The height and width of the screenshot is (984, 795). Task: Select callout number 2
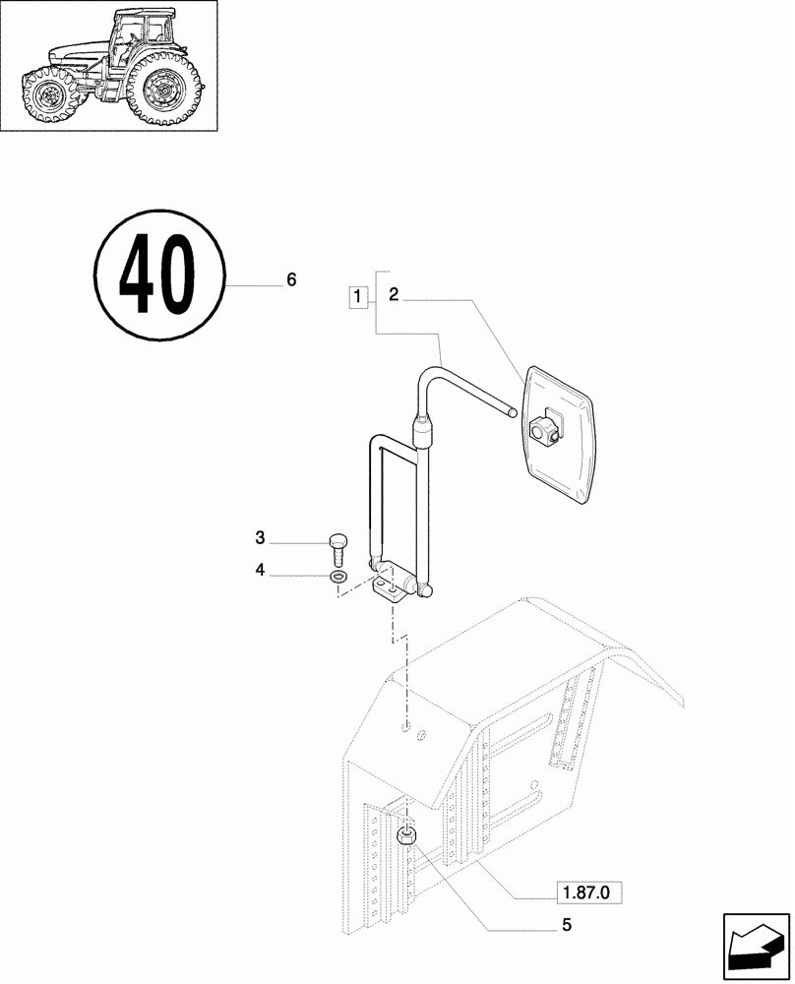click(x=393, y=293)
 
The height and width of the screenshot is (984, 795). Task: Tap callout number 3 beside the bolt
click(x=260, y=537)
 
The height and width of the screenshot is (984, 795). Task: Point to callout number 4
click(x=260, y=570)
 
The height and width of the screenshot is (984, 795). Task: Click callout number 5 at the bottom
click(x=567, y=925)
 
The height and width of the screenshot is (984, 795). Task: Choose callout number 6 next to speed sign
click(x=291, y=280)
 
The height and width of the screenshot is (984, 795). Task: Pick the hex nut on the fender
click(x=405, y=838)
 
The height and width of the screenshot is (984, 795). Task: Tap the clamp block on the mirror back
click(x=544, y=428)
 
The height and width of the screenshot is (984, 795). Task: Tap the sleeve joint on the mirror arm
click(x=420, y=429)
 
